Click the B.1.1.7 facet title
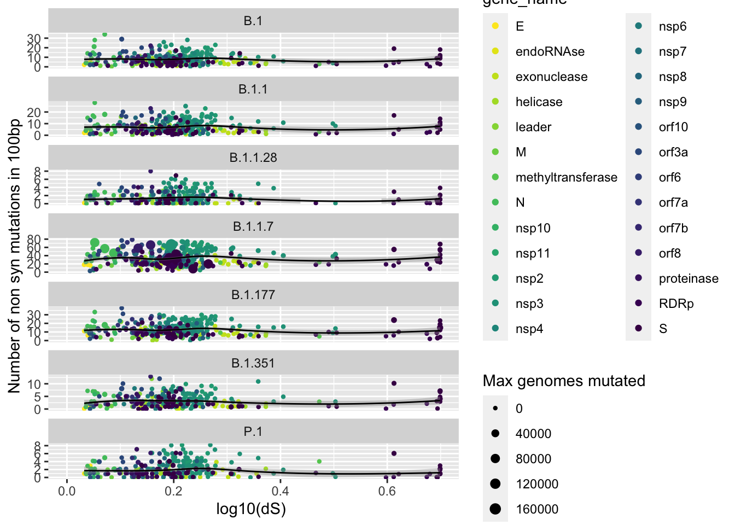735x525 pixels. tap(253, 226)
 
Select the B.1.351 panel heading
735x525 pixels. tap(253, 363)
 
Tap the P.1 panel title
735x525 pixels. tap(253, 431)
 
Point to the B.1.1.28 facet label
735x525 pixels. tap(253, 157)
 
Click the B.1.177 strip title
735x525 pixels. tap(253, 295)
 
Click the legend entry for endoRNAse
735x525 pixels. tap(550, 51)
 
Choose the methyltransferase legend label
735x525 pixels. tap(566, 177)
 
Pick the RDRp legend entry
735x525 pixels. tap(676, 304)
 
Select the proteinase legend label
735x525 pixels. tap(688, 278)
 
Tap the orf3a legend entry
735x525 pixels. tap(673, 152)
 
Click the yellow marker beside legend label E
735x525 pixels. tap(495, 26)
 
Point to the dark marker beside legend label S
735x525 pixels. tap(639, 329)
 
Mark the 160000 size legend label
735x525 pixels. tap(537, 509)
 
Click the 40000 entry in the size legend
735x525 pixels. tap(533, 434)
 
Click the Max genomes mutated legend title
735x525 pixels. tap(564, 381)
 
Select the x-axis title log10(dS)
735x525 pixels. tap(251, 509)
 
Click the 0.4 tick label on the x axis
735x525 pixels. tap(281, 491)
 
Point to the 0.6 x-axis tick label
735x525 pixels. tap(387, 491)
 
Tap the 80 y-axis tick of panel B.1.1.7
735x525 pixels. tap(34, 239)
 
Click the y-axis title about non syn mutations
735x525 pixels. tap(14, 255)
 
